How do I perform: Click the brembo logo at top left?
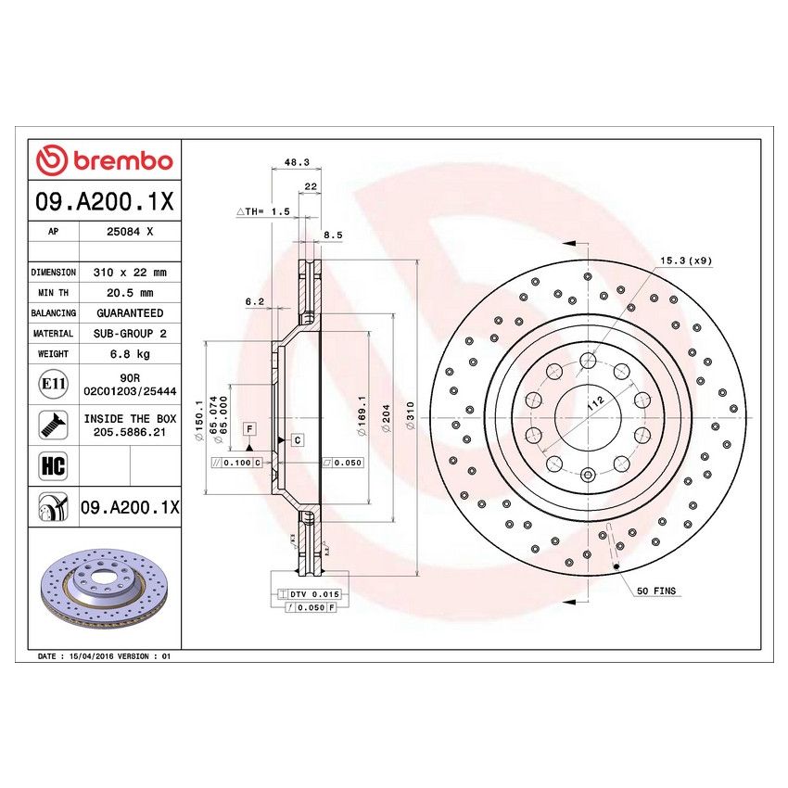104,160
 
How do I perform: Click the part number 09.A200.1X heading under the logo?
104,201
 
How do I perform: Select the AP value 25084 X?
129,233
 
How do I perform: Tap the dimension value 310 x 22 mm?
129,273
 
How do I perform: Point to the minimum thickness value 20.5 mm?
129,293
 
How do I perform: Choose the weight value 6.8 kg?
129,354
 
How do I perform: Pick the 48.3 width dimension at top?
295,162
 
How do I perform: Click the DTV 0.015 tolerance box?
306,592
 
